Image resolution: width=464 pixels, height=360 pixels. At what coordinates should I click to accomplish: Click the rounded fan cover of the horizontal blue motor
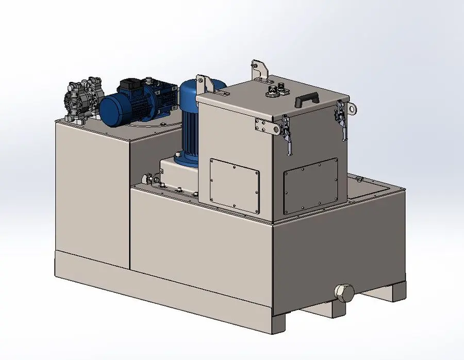pyautogui.click(x=110, y=109)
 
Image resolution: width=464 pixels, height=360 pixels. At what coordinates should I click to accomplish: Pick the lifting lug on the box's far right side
pyautogui.click(x=351, y=109)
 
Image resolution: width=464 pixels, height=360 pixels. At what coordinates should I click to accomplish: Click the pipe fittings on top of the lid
pyautogui.click(x=275, y=91)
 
